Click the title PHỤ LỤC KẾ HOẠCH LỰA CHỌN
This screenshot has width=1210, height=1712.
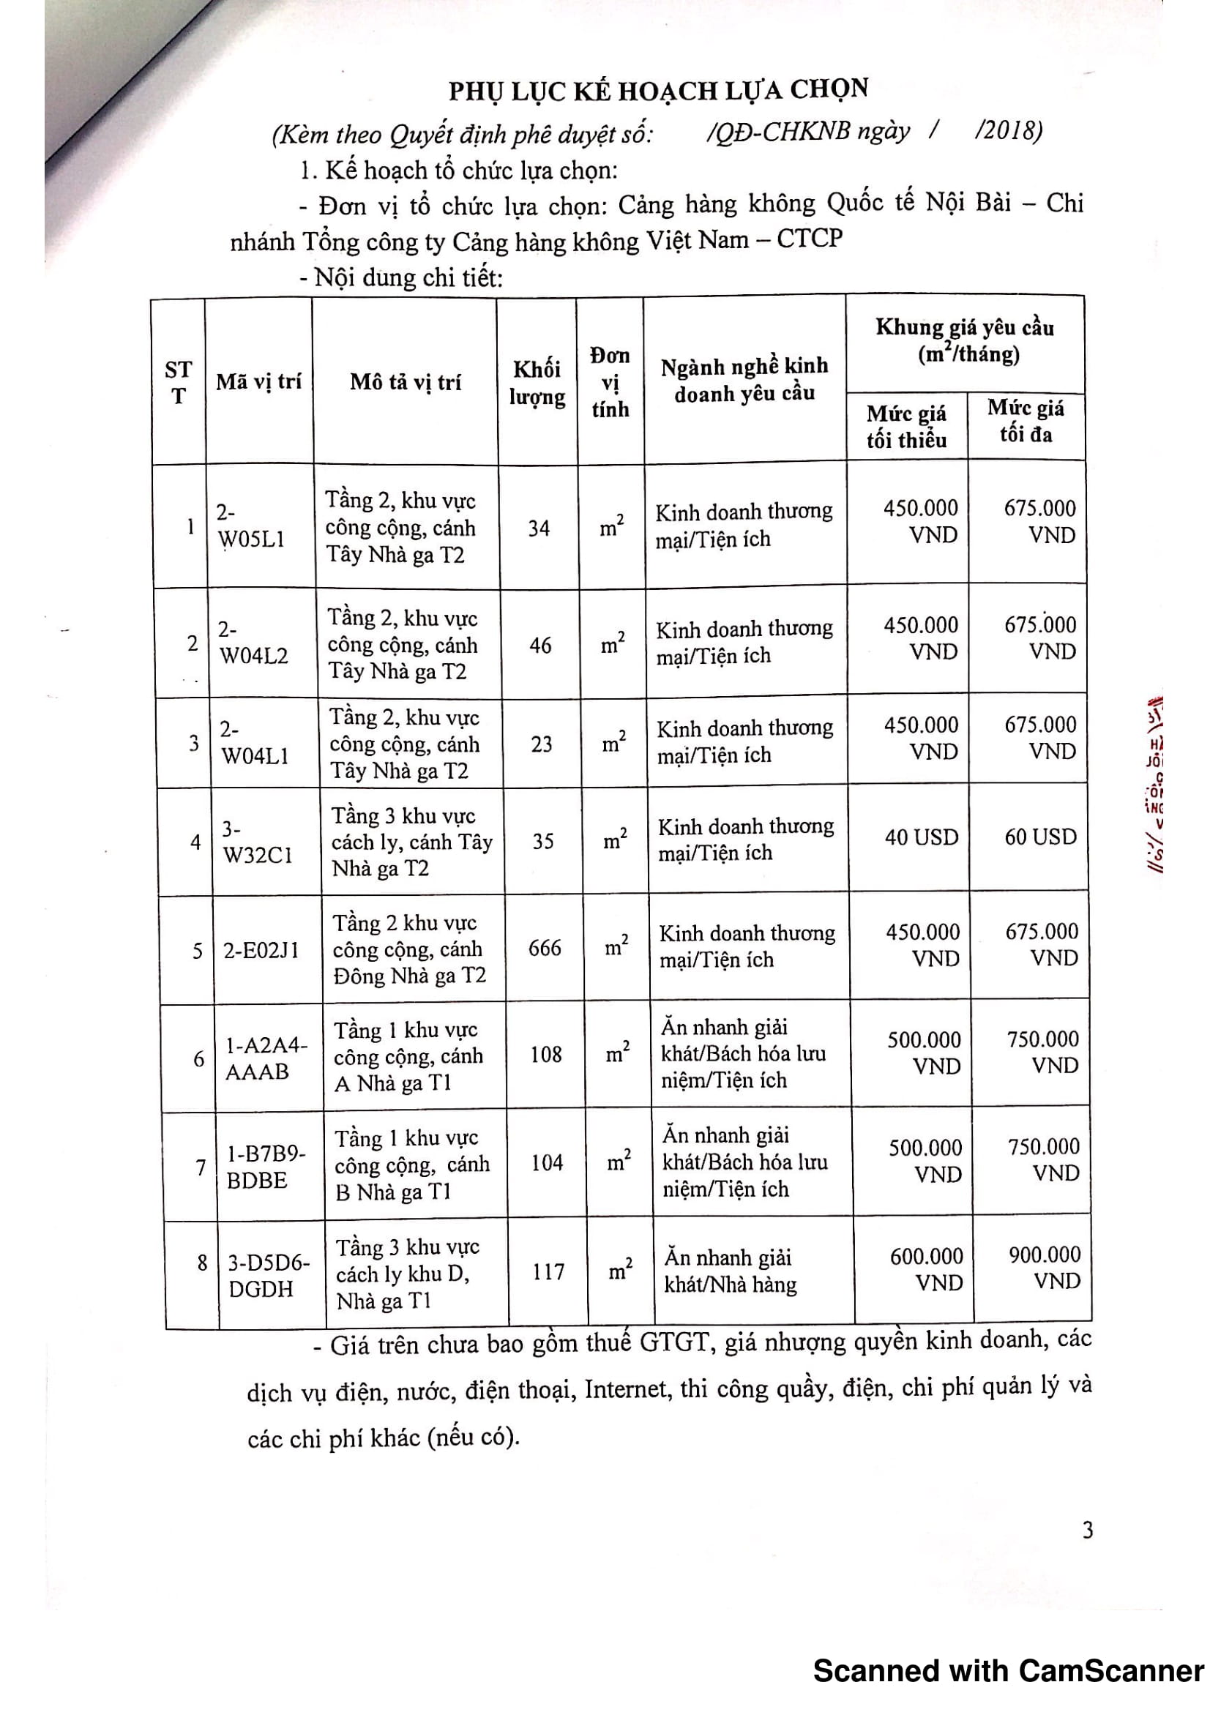[658, 90]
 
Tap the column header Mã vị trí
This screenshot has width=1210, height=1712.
[258, 382]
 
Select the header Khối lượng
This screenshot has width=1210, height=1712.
[537, 383]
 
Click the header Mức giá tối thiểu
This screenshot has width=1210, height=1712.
[905, 427]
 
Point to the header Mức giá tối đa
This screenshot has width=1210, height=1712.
[1026, 422]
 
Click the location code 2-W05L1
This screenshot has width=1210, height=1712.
[250, 526]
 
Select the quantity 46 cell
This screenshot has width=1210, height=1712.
[540, 645]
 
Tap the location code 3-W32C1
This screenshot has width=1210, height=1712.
[257, 842]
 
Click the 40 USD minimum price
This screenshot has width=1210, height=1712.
[922, 837]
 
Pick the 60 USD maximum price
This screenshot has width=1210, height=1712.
[1041, 837]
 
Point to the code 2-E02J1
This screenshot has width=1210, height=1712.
[261, 950]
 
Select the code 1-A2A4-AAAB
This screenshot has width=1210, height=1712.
[267, 1058]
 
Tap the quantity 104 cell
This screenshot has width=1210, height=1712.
[547, 1162]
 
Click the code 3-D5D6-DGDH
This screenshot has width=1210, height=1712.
[269, 1276]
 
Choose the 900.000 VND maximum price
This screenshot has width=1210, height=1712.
[1045, 1268]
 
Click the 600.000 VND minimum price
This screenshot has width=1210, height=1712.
[927, 1269]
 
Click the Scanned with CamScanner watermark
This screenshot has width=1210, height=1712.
[1009, 1671]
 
